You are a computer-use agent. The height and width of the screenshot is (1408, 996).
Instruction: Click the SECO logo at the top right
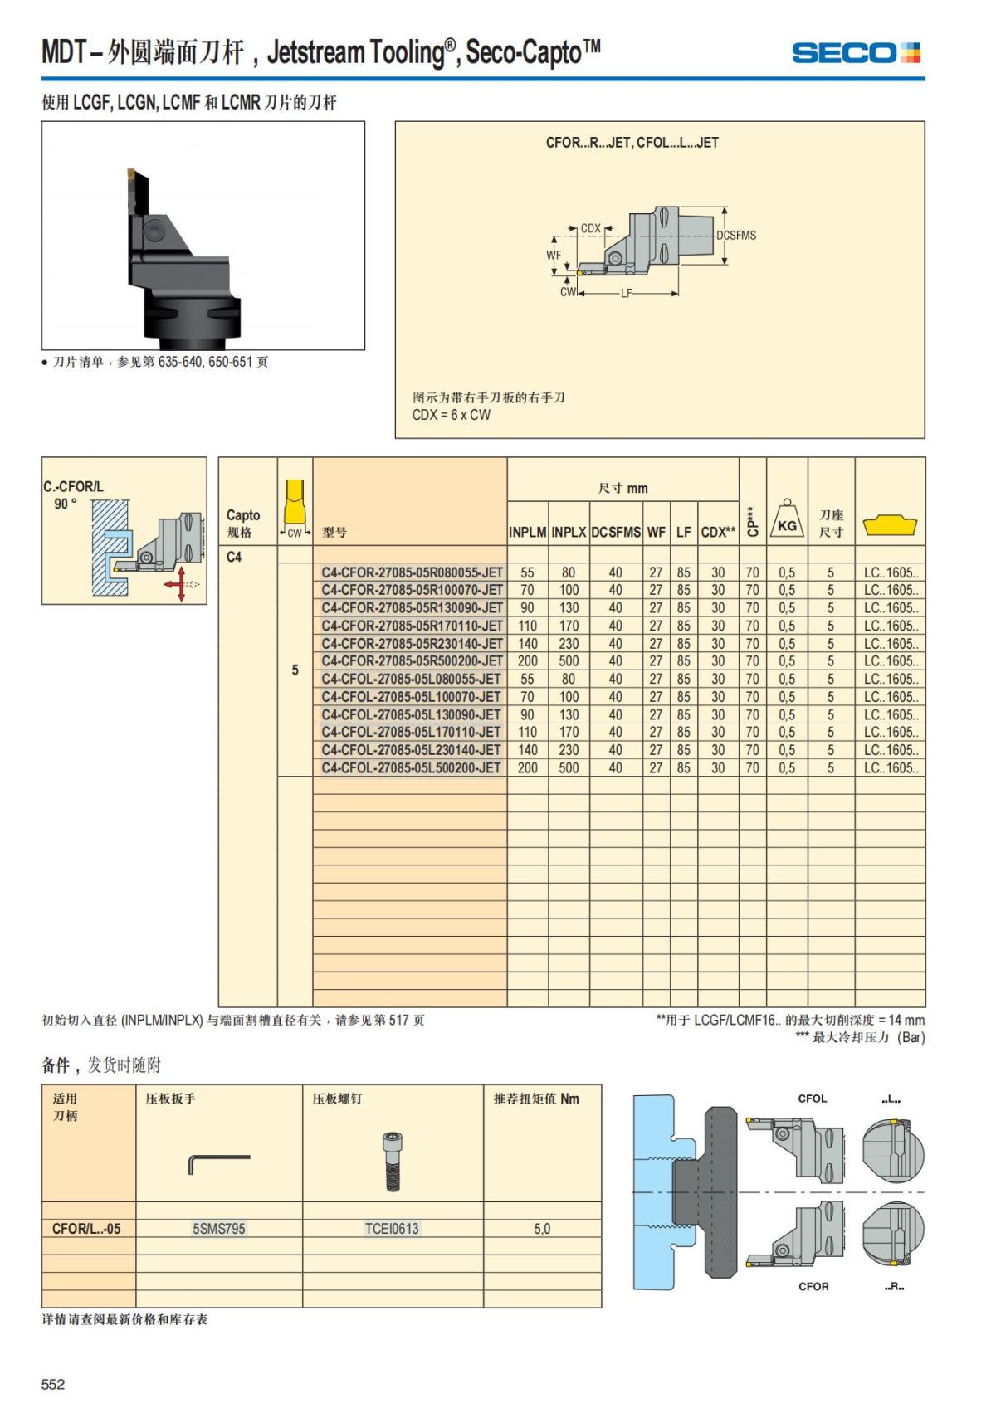tap(856, 53)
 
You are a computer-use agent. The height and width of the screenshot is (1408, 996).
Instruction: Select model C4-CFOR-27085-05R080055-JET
tap(412, 572)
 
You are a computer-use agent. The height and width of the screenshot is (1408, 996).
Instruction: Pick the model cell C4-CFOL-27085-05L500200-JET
tap(411, 768)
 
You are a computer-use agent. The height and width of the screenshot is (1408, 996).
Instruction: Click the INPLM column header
tap(527, 532)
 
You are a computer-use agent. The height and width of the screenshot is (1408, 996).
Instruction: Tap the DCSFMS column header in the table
tap(616, 532)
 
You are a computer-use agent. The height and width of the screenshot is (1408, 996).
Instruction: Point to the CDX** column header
tap(718, 532)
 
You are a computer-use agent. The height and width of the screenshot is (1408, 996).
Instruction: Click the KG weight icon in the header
tap(787, 521)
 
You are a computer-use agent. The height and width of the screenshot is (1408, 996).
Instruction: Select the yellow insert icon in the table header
tap(889, 525)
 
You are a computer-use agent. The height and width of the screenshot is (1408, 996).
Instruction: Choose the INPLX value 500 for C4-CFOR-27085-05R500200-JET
tap(569, 661)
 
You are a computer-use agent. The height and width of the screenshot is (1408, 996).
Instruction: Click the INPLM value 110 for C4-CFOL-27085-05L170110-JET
tap(527, 733)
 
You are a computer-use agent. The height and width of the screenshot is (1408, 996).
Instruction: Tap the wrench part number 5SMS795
tap(219, 1229)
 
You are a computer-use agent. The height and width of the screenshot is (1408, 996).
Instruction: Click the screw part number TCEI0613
tap(392, 1229)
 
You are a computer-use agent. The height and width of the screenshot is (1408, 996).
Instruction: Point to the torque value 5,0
tap(542, 1229)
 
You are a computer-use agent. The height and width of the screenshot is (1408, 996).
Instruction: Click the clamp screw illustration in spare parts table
tap(392, 1161)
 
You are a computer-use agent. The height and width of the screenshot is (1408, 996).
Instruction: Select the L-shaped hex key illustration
tap(218, 1163)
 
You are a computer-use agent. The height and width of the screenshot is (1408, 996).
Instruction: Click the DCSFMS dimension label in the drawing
tap(736, 236)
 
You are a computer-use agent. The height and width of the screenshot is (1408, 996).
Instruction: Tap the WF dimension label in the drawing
tap(553, 256)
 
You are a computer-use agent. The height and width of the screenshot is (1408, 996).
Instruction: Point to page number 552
tap(53, 1384)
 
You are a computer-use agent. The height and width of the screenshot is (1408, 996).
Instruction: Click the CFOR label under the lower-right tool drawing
tap(813, 1287)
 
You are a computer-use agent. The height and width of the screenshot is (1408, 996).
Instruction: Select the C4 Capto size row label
tap(234, 557)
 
